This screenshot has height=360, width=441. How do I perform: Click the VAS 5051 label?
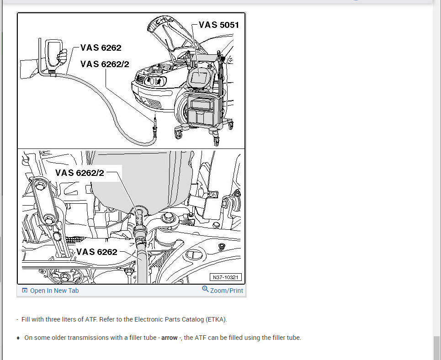tap(219, 25)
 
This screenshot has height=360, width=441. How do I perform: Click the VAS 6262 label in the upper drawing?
tap(101, 48)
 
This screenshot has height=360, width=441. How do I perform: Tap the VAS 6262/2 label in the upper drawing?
tap(105, 64)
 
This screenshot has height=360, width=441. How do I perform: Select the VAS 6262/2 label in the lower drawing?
tap(80, 173)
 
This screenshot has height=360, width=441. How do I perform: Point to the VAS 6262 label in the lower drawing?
tap(96, 252)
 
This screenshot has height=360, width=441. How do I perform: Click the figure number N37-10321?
tap(226, 277)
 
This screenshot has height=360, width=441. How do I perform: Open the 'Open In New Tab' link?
tap(54, 291)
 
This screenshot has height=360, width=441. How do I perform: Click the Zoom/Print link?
tap(226, 291)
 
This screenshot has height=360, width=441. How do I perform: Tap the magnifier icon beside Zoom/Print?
tap(205, 289)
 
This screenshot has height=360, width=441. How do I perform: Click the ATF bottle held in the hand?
tap(53, 53)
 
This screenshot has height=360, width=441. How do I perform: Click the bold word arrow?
tap(169, 338)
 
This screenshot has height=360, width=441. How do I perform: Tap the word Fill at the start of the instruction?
tap(26, 319)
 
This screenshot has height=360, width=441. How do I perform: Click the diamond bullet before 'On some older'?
tap(18, 338)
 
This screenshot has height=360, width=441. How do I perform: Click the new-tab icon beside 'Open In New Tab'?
tap(25, 291)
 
